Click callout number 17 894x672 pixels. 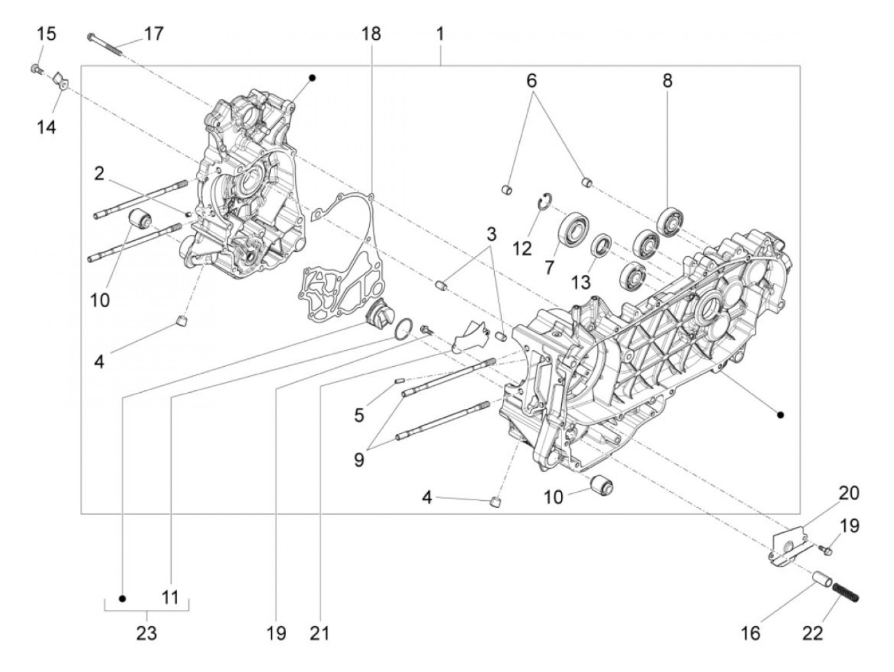(153, 33)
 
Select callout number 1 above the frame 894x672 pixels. (441, 33)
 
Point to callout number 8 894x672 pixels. (667, 80)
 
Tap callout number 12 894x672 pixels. (522, 248)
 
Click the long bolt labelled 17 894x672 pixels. (105, 43)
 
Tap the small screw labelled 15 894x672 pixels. (35, 69)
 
